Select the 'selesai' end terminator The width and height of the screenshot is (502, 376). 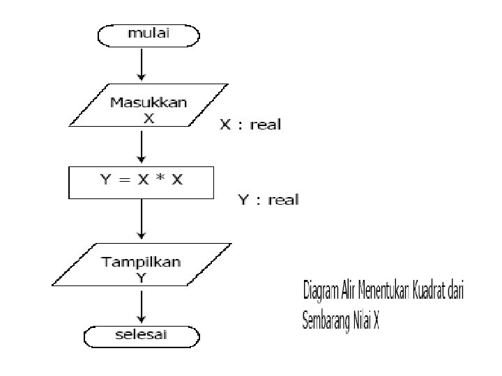click(x=142, y=336)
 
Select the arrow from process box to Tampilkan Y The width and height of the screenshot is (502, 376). click(x=142, y=219)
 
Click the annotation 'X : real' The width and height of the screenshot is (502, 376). click(x=250, y=125)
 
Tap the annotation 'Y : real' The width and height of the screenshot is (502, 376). click(x=268, y=201)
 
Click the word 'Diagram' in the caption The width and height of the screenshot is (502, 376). click(x=323, y=290)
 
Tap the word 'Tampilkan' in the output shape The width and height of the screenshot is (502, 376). click(x=142, y=262)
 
